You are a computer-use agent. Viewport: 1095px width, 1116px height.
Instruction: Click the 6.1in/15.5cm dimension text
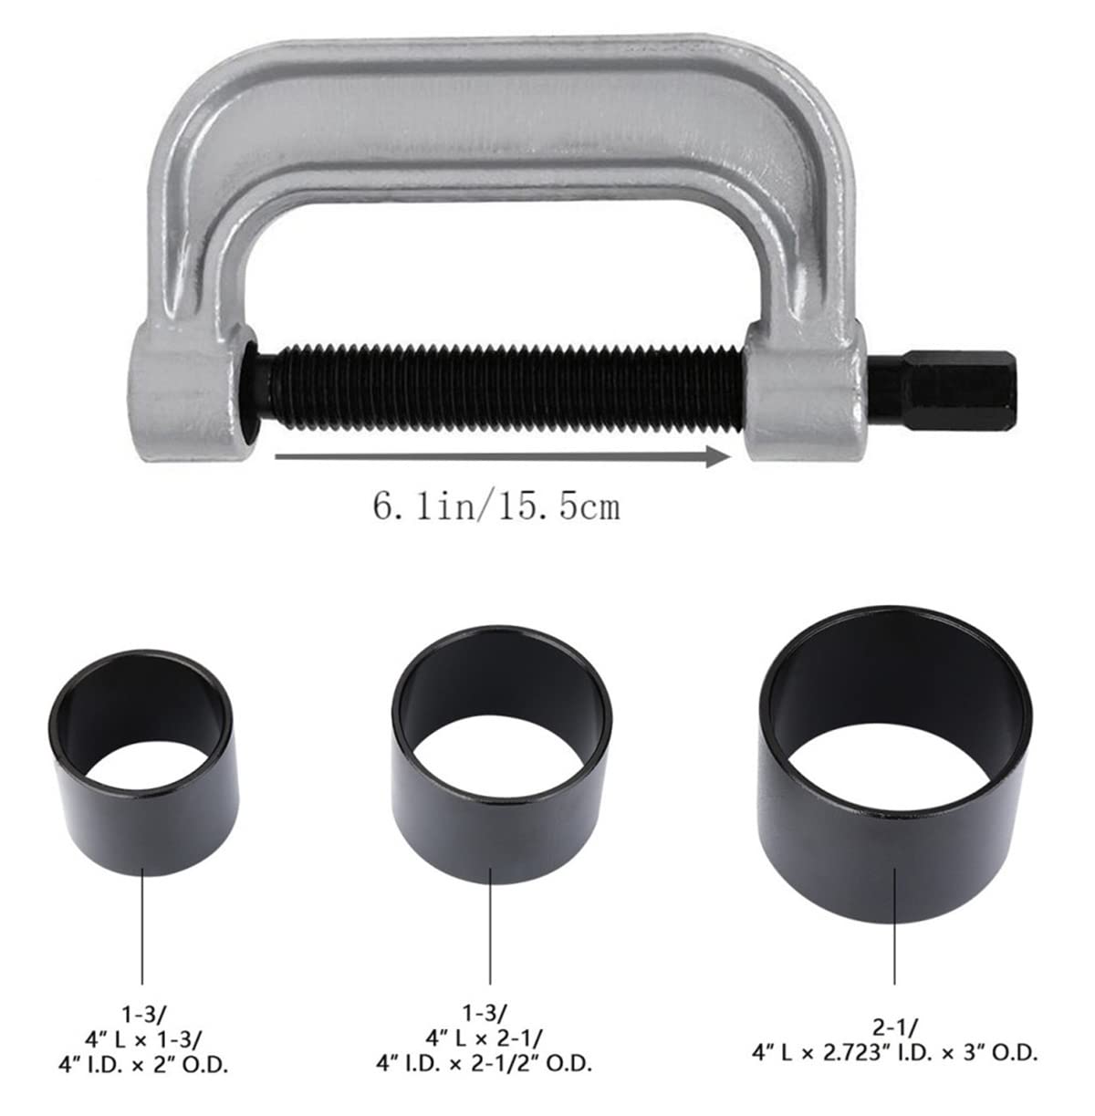tap(495, 506)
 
